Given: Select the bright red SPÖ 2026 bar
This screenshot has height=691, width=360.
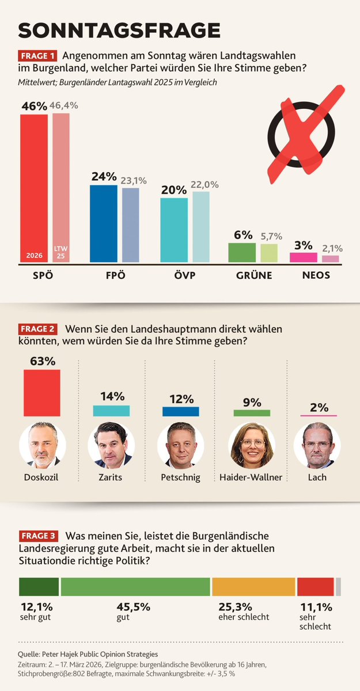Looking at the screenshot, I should (x=34, y=188).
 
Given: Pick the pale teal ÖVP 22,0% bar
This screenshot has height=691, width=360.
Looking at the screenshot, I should (x=200, y=227).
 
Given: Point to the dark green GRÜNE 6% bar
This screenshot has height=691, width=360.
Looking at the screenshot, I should (x=242, y=252).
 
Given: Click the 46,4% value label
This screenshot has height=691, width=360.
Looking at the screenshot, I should (x=64, y=105).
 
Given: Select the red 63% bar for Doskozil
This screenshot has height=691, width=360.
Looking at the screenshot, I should (x=41, y=392).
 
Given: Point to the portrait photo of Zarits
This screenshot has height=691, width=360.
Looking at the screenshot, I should (x=111, y=446).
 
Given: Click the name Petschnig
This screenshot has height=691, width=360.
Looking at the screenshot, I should (x=180, y=477).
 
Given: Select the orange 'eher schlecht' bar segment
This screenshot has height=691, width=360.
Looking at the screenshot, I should (x=253, y=586).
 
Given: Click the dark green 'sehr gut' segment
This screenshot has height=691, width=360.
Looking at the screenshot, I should (x=39, y=586).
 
